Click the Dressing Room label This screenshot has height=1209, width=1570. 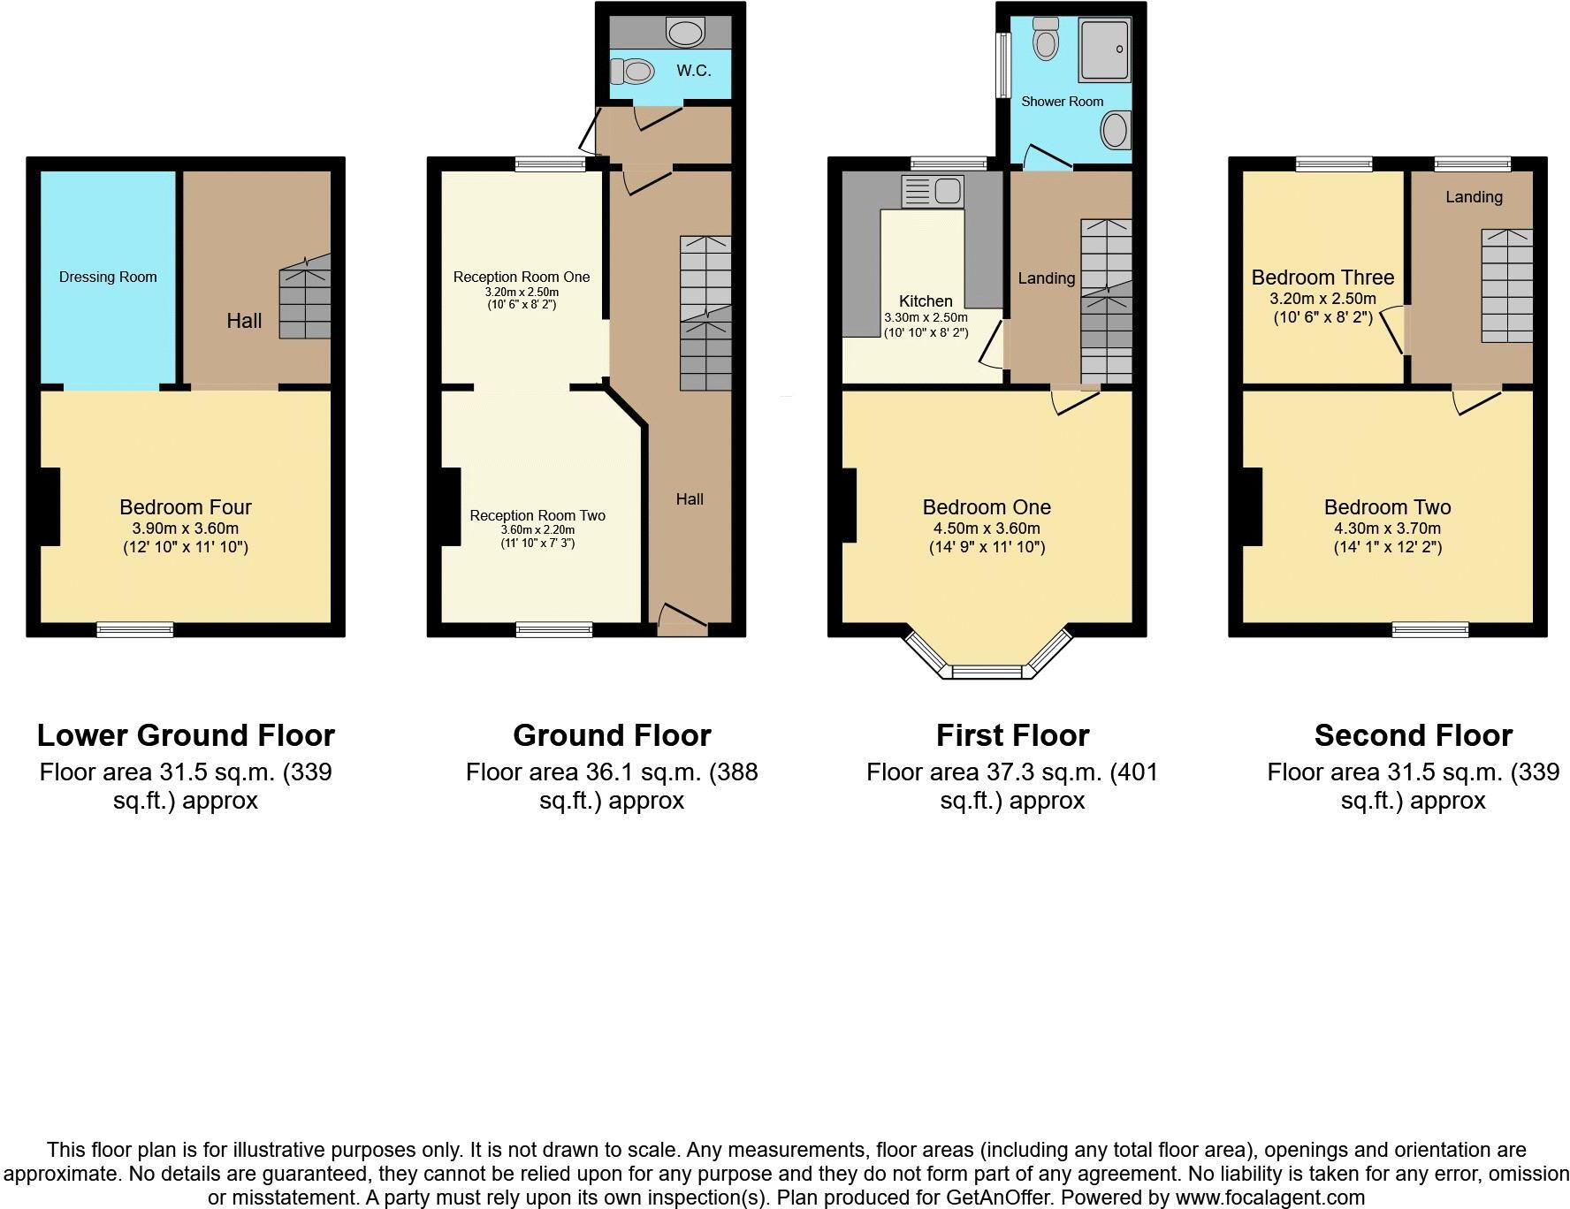point(108,278)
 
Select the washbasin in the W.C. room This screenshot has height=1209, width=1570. point(685,33)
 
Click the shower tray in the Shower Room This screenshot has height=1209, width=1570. point(1104,49)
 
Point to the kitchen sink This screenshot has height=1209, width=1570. point(933,191)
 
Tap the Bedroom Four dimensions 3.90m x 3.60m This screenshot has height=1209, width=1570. point(186,528)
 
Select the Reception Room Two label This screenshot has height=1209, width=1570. point(537,515)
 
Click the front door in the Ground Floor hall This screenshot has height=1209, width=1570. point(682,619)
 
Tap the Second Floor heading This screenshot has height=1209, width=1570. point(1413,735)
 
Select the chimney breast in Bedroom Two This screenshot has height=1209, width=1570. point(1252,506)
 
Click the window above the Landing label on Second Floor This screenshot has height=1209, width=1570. point(1472,163)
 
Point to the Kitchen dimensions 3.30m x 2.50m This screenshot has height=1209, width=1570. point(926,318)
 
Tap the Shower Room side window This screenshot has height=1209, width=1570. point(1002,65)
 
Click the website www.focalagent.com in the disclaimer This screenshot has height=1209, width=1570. point(1270,1198)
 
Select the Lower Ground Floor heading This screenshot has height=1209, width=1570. point(186,735)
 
